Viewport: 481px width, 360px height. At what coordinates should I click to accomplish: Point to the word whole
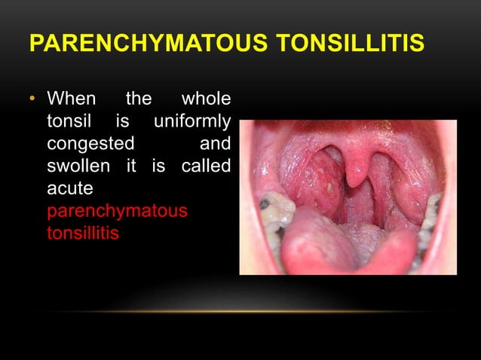pos(207,99)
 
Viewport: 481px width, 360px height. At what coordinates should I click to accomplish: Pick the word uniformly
pos(191,121)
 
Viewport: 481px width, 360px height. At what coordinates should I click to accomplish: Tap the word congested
pos(91,143)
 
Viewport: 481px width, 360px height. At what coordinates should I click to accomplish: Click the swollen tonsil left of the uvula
pos(320,181)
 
